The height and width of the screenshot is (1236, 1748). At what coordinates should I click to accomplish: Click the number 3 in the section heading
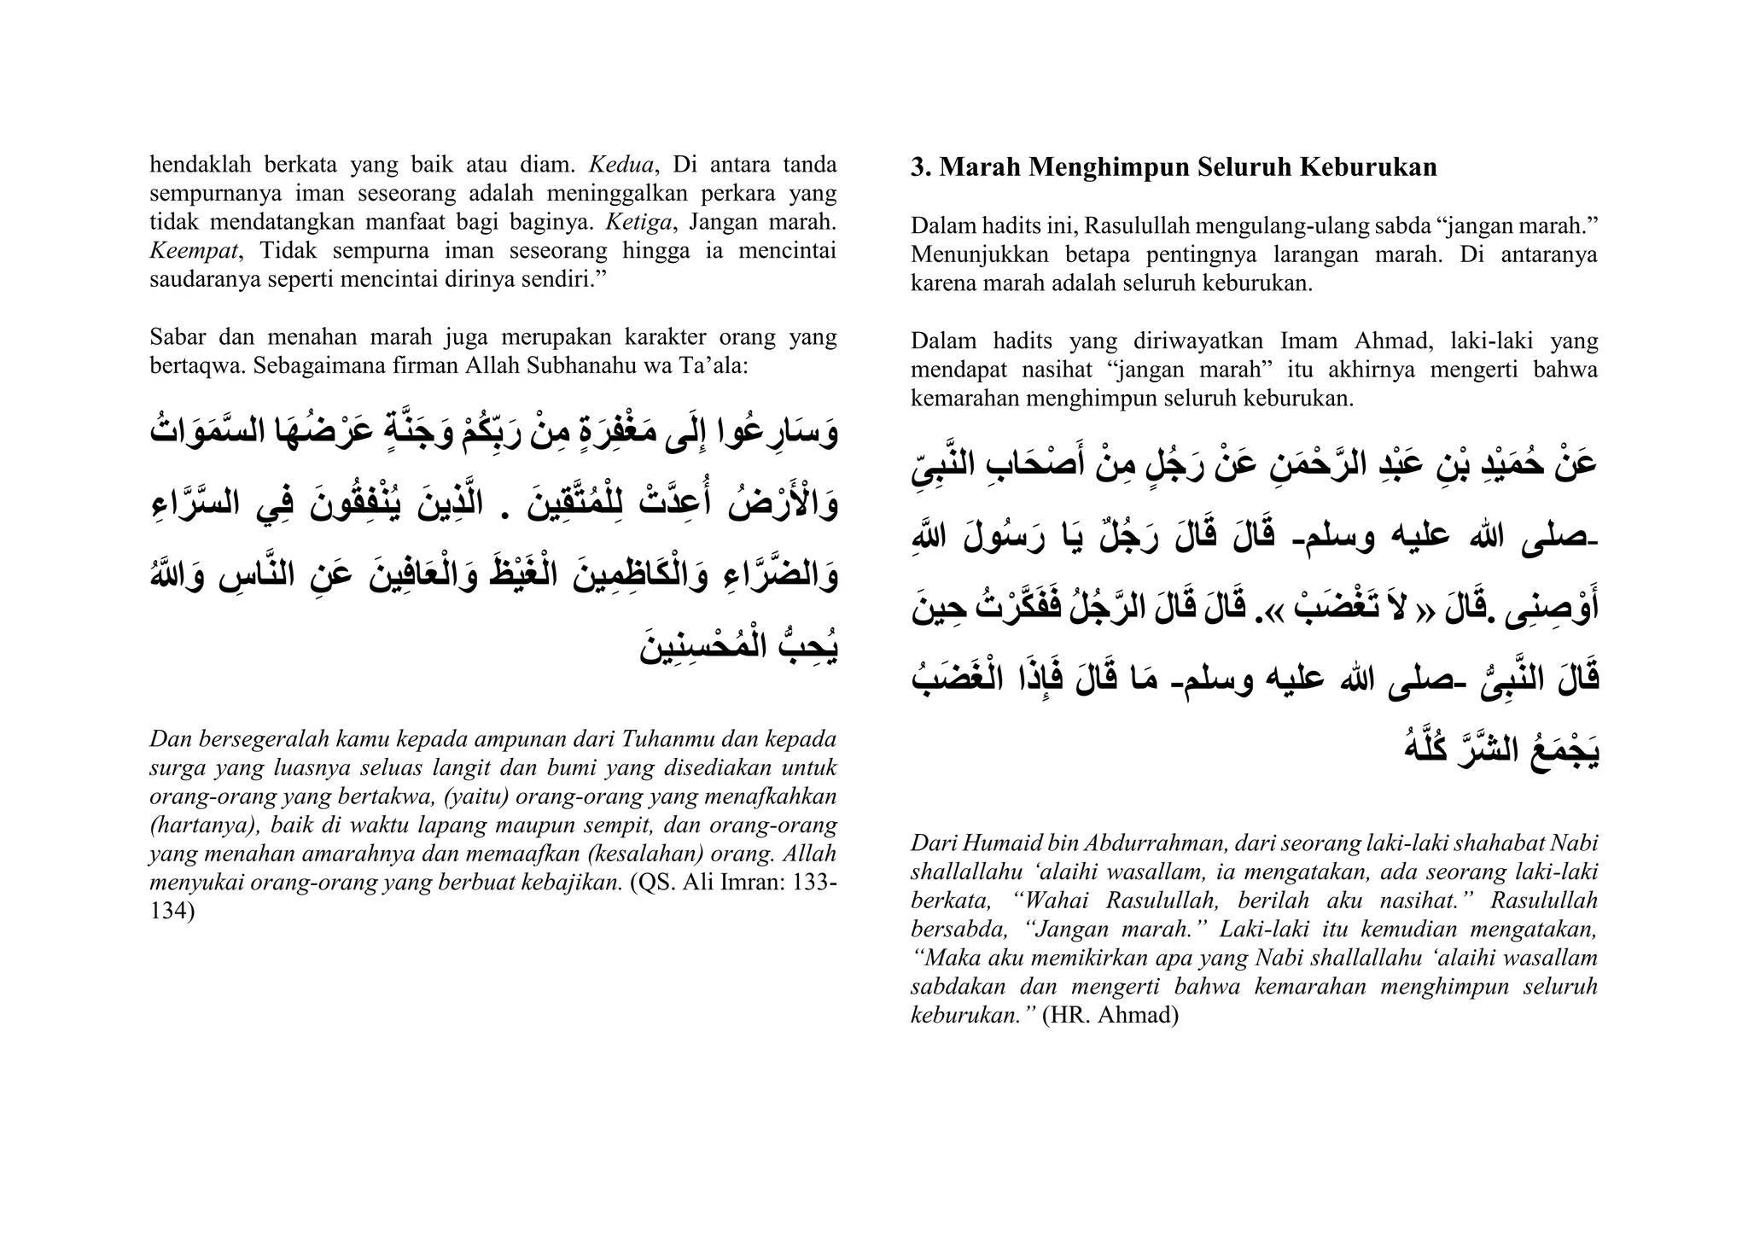point(918,167)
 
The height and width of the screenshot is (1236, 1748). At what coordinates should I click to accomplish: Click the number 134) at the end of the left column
point(172,911)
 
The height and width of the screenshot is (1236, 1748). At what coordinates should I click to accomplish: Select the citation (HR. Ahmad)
point(1110,1016)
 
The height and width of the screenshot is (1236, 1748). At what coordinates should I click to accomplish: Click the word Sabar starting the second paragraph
point(177,337)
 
